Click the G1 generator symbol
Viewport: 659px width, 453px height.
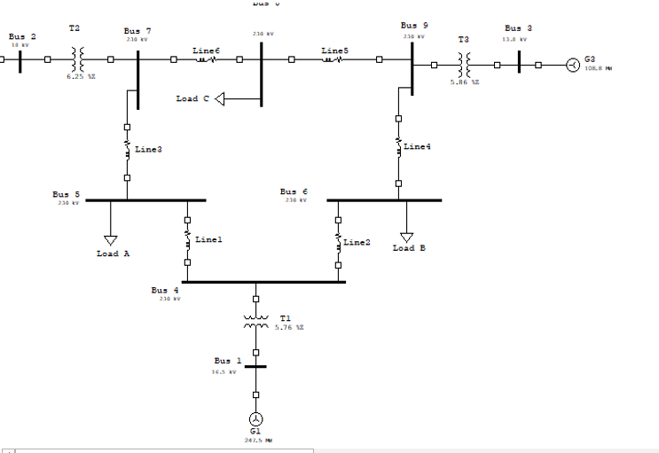255,418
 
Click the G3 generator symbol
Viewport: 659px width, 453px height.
574,65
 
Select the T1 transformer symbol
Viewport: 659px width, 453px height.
256,322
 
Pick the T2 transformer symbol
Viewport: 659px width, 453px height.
78,60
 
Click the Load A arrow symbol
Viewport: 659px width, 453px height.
111,239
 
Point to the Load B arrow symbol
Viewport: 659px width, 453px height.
406,237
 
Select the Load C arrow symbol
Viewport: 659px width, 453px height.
221,98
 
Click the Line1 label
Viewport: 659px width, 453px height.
208,239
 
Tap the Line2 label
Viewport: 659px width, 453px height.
357,241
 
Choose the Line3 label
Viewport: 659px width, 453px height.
148,149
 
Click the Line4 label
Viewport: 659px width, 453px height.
417,146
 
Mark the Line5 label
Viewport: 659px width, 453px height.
334,51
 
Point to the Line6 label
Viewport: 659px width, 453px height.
206,51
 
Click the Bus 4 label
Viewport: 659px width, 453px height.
164,290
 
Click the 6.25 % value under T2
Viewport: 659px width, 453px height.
80,77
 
